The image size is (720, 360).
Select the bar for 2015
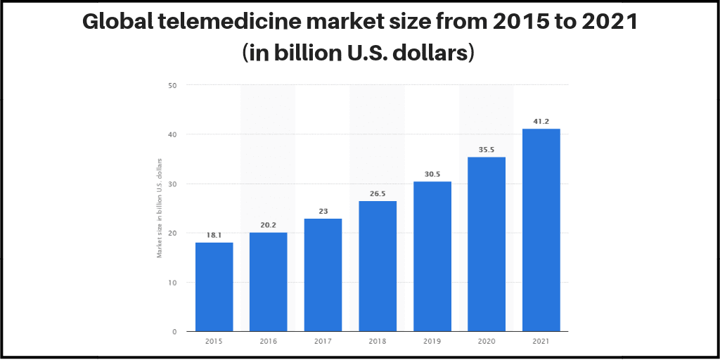tap(214, 287)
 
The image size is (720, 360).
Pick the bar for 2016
tap(269, 281)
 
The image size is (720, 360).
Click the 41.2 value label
tap(541, 121)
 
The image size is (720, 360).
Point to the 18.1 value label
tap(214, 235)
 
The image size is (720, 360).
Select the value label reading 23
tap(323, 211)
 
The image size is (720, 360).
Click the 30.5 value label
tap(432, 174)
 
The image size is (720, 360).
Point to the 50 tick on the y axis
tap(172, 85)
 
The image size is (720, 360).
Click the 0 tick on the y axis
tap(174, 331)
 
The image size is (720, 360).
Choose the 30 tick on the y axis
tap(172, 184)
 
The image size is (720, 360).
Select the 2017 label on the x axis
tap(323, 341)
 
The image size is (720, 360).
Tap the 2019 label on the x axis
tap(432, 341)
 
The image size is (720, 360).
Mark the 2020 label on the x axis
tap(487, 341)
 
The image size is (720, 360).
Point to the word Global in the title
tap(116, 22)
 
